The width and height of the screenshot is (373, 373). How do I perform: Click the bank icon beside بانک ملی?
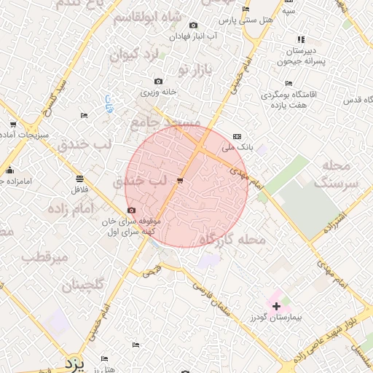coord(237,136)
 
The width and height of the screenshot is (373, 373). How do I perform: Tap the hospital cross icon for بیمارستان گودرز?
coord(276,306)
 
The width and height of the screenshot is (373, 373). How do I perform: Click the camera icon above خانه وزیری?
coord(159,81)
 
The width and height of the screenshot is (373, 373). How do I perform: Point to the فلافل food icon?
coord(79,178)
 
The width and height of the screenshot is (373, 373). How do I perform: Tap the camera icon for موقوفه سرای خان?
coord(131,210)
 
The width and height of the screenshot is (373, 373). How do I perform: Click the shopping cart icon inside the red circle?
coord(180,179)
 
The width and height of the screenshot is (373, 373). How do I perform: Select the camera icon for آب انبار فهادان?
coord(193,25)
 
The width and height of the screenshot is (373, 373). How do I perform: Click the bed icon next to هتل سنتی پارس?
coord(246,9)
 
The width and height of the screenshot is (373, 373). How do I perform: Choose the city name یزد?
coord(74,362)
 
